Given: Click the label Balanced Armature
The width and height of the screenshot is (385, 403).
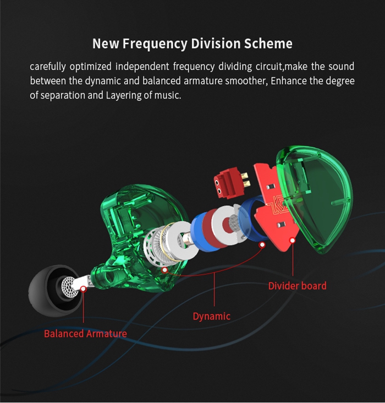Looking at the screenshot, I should tap(85, 334).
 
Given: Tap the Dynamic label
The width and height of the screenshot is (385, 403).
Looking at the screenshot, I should tap(212, 316).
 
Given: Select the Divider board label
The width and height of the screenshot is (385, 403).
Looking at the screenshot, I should tap(297, 286).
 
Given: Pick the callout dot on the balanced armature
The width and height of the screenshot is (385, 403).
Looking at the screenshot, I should tap(84, 287).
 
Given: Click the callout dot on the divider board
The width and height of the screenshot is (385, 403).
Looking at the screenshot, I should tap(293, 240).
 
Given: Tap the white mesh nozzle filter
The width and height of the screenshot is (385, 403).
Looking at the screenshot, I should tap(68, 286).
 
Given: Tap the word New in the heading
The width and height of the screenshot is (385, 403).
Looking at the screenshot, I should tap(105, 43).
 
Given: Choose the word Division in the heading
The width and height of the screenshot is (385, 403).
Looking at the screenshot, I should tap(210, 43).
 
